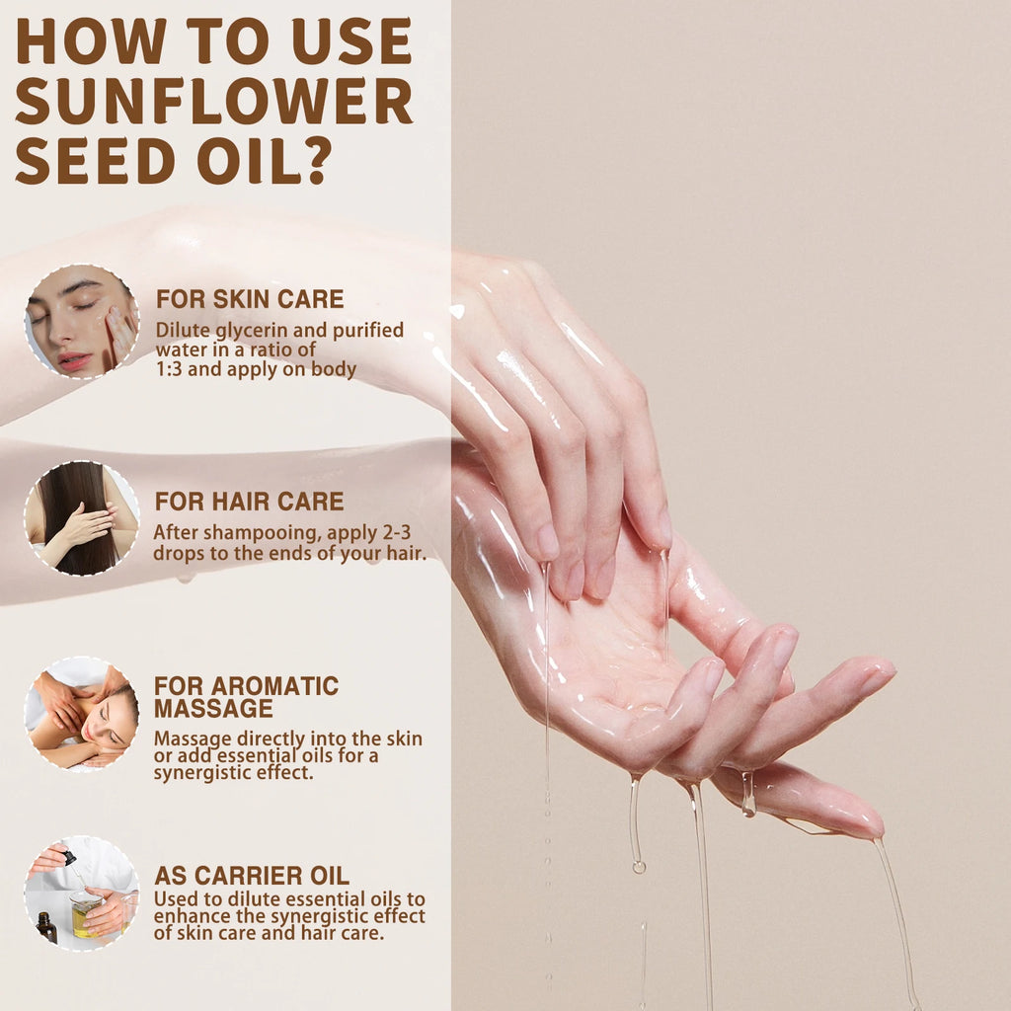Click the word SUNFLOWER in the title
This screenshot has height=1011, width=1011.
point(213,101)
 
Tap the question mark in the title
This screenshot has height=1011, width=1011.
point(313,162)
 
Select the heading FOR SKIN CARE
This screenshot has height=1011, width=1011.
point(250,299)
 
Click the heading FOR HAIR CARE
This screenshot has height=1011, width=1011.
point(249,502)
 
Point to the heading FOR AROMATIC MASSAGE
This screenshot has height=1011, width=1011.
point(246,696)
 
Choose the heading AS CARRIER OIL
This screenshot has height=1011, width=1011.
point(251,876)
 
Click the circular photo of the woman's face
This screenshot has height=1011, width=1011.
point(81,322)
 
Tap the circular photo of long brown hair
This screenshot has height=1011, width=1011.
point(81,518)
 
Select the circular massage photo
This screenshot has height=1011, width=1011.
point(81,714)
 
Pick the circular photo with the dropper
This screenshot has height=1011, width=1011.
point(81,894)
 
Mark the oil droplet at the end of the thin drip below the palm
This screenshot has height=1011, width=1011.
point(639,866)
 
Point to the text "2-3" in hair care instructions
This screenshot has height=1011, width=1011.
point(405,532)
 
